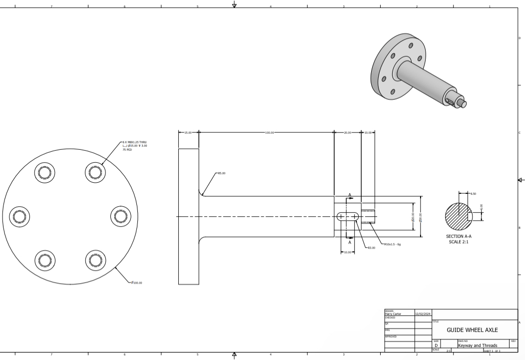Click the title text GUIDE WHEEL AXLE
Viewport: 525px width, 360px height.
(472, 330)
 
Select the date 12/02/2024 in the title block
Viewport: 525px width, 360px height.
(423, 314)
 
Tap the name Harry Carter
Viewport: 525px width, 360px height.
(393, 314)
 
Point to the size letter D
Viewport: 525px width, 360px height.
(436, 345)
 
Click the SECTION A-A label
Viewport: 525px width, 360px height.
(459, 236)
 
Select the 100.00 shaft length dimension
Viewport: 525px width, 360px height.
(269, 133)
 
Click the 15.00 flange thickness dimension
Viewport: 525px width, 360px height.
(188, 133)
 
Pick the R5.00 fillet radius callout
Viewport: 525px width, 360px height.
(221, 173)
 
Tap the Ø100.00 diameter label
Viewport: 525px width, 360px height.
(136, 283)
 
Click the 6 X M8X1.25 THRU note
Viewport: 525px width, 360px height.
(135, 142)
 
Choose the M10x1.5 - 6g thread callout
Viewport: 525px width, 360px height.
(393, 245)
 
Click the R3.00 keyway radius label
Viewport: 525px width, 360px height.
(371, 248)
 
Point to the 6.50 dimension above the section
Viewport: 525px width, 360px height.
(473, 193)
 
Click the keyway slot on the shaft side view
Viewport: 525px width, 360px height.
(348, 216)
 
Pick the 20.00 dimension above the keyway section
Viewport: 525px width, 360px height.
(347, 133)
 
